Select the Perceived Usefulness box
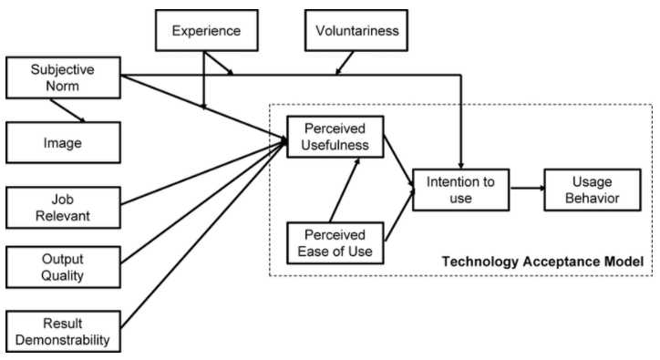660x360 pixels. [x=335, y=137]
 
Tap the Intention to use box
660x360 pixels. [x=459, y=190]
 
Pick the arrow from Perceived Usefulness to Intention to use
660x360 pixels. [x=397, y=160]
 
